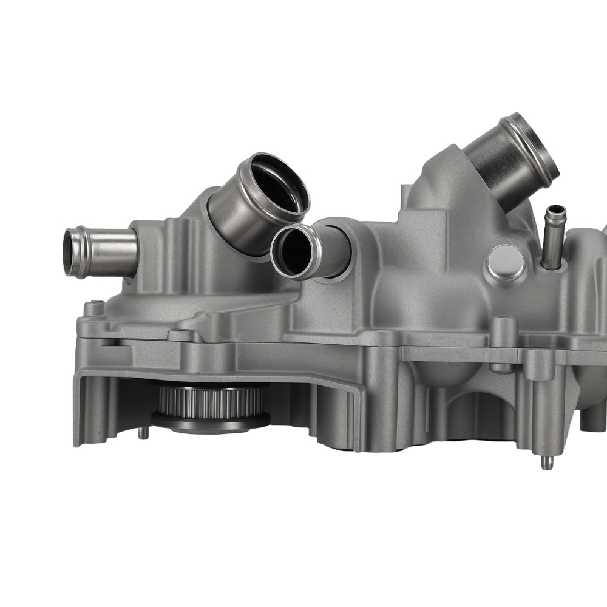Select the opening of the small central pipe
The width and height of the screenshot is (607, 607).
[x=293, y=251]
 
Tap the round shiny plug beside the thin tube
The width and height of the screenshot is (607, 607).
[x=506, y=262]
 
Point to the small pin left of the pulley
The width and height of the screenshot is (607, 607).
[x=140, y=433]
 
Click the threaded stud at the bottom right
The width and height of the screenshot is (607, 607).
[x=546, y=463]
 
